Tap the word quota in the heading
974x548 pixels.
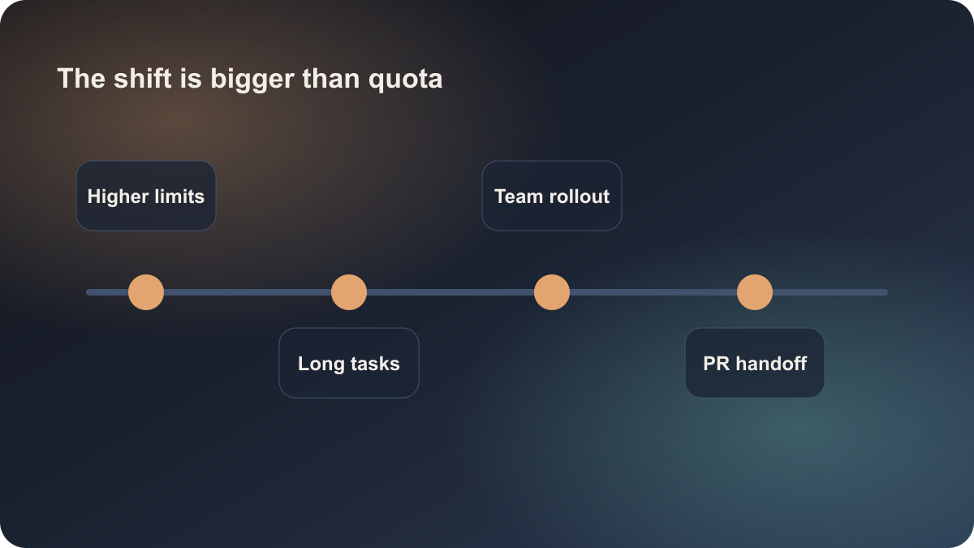click(405, 80)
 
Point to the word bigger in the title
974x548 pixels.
click(252, 80)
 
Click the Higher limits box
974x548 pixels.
click(146, 196)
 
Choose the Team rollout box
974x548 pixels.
click(552, 196)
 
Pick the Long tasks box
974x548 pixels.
click(349, 363)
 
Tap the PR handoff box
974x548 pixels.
click(755, 363)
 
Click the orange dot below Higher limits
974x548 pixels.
click(146, 292)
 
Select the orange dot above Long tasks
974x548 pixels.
click(349, 292)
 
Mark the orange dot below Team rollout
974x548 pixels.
click(552, 292)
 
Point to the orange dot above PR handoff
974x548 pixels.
click(755, 292)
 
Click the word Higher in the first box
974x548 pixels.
click(118, 196)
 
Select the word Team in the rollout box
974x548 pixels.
click(519, 196)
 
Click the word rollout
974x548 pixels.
click(580, 196)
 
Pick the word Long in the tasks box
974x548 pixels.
click(321, 364)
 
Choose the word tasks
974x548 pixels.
click(375, 364)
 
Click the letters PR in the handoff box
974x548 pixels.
click(716, 364)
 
